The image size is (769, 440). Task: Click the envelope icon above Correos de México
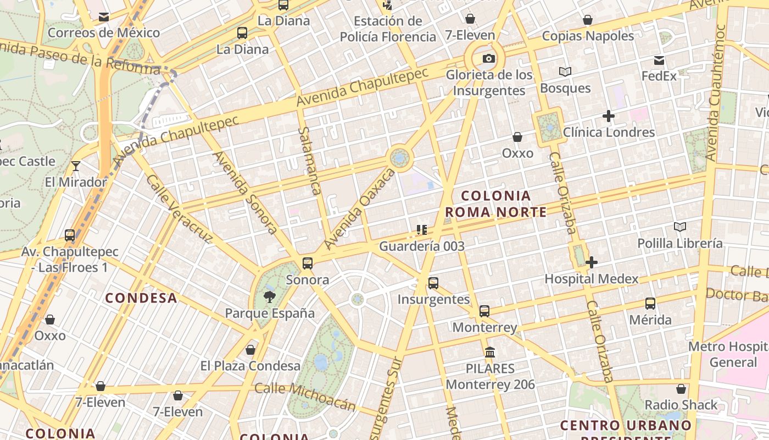(x=104, y=17)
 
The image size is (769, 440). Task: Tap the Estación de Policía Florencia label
(x=388, y=29)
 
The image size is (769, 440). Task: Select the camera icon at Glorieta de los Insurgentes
(x=488, y=59)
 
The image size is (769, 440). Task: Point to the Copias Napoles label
(x=588, y=36)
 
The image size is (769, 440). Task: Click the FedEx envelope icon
(x=659, y=61)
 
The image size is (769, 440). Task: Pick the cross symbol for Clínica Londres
(x=608, y=116)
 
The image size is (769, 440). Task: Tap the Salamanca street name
(x=310, y=161)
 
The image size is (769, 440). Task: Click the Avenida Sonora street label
(x=245, y=193)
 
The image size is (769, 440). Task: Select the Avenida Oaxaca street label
(x=360, y=208)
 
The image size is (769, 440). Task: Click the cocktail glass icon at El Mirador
(x=76, y=166)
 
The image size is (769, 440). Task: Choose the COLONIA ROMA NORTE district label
(x=496, y=204)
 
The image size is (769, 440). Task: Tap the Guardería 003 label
(x=422, y=246)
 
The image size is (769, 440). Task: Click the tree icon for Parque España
(x=269, y=298)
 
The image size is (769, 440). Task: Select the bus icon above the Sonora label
(x=308, y=263)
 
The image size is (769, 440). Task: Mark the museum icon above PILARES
(x=490, y=352)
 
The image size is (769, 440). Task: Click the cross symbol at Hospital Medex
(x=592, y=262)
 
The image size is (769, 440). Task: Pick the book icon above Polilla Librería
(x=680, y=227)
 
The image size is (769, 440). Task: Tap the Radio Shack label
(x=681, y=405)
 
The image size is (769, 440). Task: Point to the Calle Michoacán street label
(x=305, y=397)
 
